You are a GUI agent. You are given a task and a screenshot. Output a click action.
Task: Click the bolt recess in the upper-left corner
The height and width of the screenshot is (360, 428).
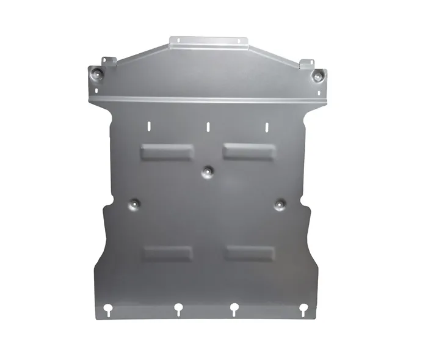[x=98, y=74]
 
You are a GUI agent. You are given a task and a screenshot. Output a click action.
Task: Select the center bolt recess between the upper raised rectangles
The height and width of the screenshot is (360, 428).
[x=208, y=171]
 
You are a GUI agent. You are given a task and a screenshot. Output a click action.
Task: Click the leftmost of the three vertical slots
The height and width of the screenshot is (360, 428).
[x=148, y=126]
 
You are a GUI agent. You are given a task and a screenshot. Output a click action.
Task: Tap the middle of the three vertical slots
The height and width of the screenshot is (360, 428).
[x=208, y=127]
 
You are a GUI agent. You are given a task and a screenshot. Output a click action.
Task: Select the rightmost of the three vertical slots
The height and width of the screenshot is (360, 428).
[x=266, y=127]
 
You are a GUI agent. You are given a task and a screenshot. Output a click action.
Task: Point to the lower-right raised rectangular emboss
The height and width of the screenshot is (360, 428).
[x=249, y=252]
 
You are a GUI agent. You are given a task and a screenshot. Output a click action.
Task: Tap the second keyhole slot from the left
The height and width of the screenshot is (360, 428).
[x=178, y=309]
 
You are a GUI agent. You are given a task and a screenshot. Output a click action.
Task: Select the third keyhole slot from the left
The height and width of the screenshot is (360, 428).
[x=234, y=309]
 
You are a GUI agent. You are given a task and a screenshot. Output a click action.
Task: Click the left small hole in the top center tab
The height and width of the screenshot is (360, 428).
[x=178, y=42]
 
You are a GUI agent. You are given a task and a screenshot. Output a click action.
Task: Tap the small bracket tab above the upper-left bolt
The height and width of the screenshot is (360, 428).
[x=107, y=62]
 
